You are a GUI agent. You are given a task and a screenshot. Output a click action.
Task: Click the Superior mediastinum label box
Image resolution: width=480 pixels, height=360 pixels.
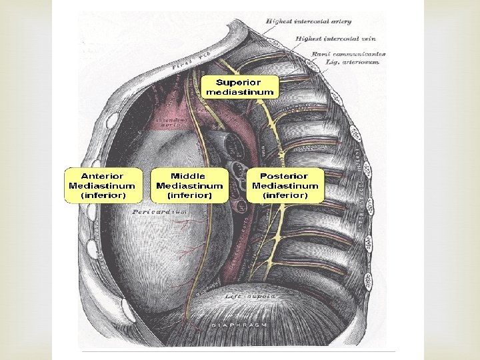point(239,87)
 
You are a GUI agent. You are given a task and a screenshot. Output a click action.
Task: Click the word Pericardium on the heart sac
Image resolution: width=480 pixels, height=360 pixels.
point(158,211)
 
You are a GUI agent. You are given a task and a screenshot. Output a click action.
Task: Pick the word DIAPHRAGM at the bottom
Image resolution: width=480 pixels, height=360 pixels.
point(238,324)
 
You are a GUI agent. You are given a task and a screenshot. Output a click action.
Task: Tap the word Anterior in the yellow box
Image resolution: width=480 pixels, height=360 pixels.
point(102,176)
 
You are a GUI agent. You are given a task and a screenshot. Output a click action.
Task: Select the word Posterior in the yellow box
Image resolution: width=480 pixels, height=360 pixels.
point(285,176)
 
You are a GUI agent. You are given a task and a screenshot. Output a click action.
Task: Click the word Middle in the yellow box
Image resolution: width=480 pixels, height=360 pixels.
point(189,176)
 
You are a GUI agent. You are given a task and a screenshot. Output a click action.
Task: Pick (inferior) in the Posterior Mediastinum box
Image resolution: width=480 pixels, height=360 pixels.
point(285,195)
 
